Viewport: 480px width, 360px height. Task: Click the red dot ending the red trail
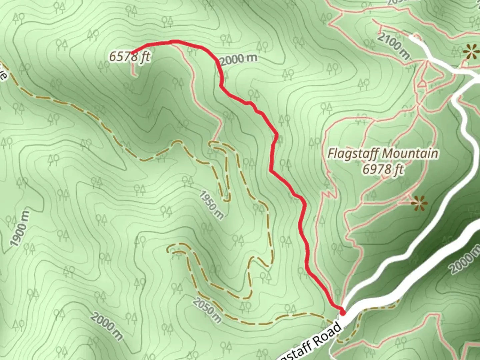tap(342, 312)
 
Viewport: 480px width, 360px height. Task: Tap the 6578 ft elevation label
tap(130, 57)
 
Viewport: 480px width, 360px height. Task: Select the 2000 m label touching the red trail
tap(239, 59)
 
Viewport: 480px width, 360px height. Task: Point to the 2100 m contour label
tap(393, 46)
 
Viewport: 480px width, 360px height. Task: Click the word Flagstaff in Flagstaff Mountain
tap(353, 154)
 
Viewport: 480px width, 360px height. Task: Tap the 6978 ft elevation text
tap(383, 170)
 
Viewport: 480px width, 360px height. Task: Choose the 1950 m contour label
tap(212, 205)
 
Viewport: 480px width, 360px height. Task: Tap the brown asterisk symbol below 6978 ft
tap(419, 203)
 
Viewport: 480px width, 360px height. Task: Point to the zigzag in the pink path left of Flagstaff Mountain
tap(329, 194)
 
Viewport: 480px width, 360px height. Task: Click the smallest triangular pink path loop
tap(422, 83)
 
